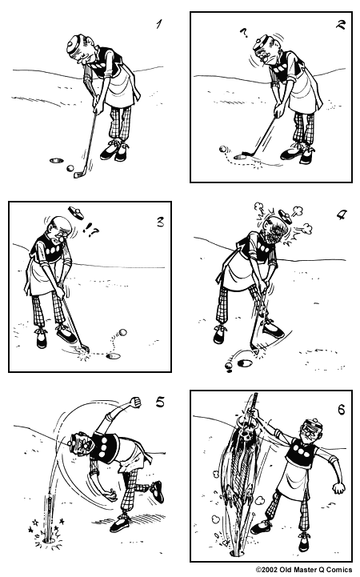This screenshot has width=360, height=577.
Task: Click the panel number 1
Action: pos(160,25)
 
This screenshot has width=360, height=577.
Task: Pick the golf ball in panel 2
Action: pos(223,149)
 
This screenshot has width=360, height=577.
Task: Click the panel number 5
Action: pos(159,403)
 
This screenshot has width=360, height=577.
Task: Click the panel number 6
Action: pos(341,410)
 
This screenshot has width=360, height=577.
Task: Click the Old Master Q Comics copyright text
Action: pos(303,571)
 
